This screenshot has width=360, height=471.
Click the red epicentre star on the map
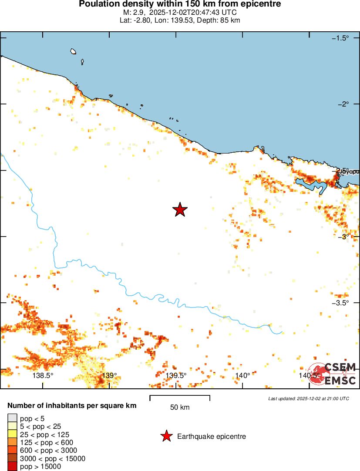(180, 210)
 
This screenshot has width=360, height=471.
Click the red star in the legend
(166, 436)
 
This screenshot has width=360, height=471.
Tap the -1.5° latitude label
(340, 38)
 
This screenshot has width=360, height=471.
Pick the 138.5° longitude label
(43, 376)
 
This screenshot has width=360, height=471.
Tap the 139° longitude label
(109, 376)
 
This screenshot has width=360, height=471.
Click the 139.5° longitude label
(176, 376)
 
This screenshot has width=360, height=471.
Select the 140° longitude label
(242, 376)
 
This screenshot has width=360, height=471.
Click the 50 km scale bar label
(180, 408)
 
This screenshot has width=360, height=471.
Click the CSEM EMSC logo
(333, 374)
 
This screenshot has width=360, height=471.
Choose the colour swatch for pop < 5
(12, 419)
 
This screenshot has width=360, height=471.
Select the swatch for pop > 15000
(12, 466)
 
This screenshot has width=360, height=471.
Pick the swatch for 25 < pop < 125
(12, 434)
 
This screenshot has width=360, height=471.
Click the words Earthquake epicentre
(212, 436)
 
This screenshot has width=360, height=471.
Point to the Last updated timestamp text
(308, 398)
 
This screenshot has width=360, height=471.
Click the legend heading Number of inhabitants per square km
(72, 406)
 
